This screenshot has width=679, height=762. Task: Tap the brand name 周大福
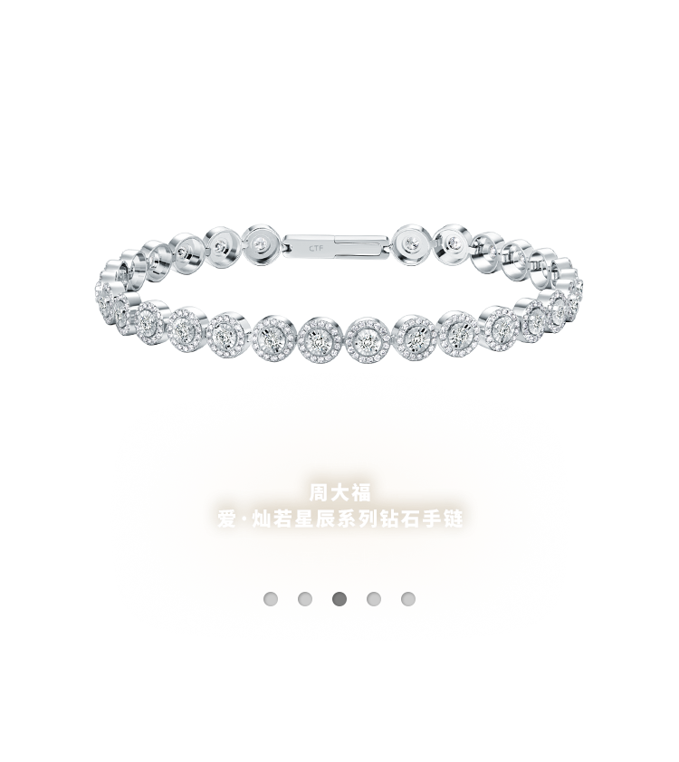pyautogui.click(x=340, y=493)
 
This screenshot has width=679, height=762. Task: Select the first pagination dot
pyautogui.click(x=271, y=599)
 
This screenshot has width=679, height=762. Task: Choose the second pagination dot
pyautogui.click(x=305, y=599)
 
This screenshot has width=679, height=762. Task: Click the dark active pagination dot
pyautogui.click(x=339, y=599)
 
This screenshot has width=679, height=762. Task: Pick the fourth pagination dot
pyautogui.click(x=374, y=599)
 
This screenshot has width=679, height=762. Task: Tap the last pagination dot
pyautogui.click(x=408, y=599)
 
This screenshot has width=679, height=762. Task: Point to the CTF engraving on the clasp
pyautogui.click(x=316, y=247)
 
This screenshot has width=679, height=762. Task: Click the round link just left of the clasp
pyautogui.click(x=263, y=242)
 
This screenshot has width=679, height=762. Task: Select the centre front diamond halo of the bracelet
pyautogui.click(x=368, y=339)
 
